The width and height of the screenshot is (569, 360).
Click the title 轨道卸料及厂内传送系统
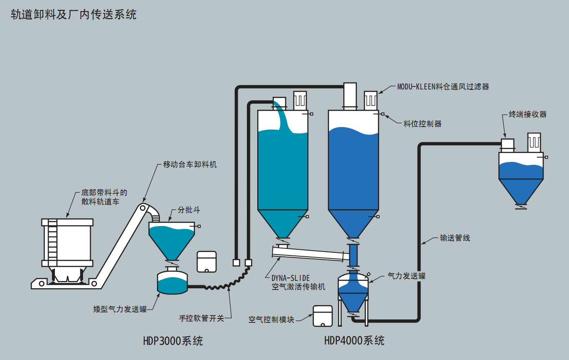pyautogui.click(x=74, y=14)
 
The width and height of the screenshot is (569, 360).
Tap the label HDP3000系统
pyautogui.click(x=173, y=341)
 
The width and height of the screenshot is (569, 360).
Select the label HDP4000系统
pyautogui.click(x=354, y=341)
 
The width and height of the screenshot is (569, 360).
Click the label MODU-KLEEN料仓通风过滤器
pyautogui.click(x=443, y=86)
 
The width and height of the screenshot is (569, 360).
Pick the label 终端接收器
pyautogui.click(x=527, y=115)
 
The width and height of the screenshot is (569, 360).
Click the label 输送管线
pyautogui.click(x=455, y=238)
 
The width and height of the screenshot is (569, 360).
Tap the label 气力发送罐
pyautogui.click(x=406, y=275)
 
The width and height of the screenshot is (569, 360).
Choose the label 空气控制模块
pyautogui.click(x=271, y=320)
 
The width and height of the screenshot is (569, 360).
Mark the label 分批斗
pyautogui.click(x=189, y=210)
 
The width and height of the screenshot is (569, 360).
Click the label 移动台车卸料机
pyautogui.click(x=190, y=165)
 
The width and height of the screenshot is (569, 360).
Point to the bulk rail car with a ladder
pyautogui.click(x=67, y=244)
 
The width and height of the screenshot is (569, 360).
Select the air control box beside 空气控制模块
pyautogui.click(x=323, y=316)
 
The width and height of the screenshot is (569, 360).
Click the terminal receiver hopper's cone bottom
pyautogui.click(x=521, y=190)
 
